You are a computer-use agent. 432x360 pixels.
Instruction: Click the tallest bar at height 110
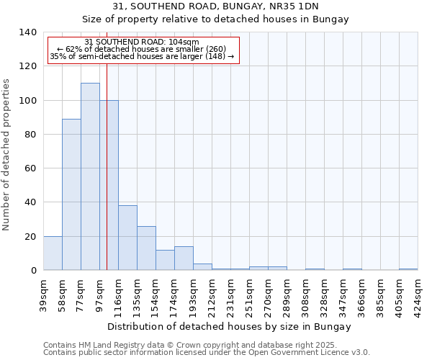coord(90,176)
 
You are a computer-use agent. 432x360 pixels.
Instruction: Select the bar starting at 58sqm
coord(71,194)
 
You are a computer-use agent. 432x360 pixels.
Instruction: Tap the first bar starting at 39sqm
coord(53,253)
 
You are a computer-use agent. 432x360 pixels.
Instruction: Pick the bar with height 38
coord(127,238)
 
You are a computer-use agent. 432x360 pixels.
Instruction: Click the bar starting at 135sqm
coord(146,248)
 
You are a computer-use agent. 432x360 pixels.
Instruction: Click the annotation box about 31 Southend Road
coord(143,50)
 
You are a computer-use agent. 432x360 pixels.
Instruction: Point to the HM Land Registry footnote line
coord(201,345)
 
